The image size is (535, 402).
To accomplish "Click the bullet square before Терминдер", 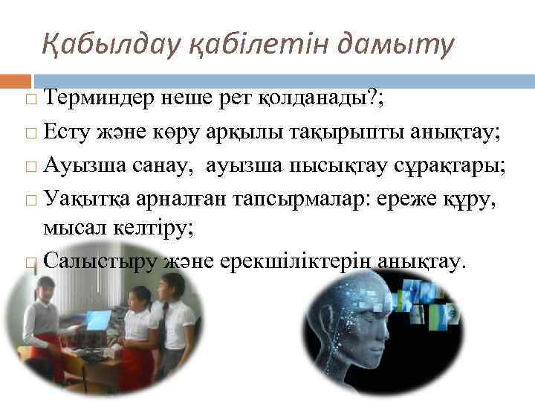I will point(28,98).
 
